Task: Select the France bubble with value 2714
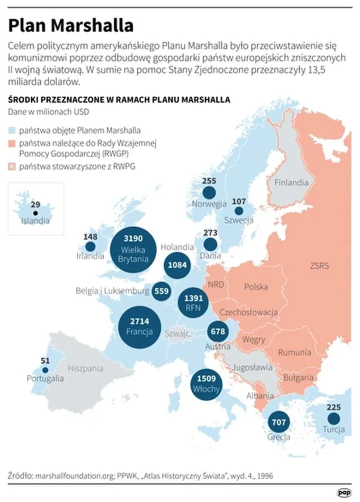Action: pos(136,326)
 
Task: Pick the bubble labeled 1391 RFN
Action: pos(194,301)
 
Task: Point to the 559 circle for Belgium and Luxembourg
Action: pos(161,291)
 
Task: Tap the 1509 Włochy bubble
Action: pos(206,382)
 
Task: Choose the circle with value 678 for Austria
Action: pos(218,331)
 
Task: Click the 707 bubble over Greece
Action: pos(278,422)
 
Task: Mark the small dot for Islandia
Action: pos(35,213)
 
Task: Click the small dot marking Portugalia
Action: pos(45,370)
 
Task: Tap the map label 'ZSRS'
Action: pos(319,265)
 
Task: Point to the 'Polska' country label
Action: pos(255,287)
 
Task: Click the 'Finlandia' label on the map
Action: pos(291,182)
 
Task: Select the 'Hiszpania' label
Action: pos(85,368)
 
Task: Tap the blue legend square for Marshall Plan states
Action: pos(12,130)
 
